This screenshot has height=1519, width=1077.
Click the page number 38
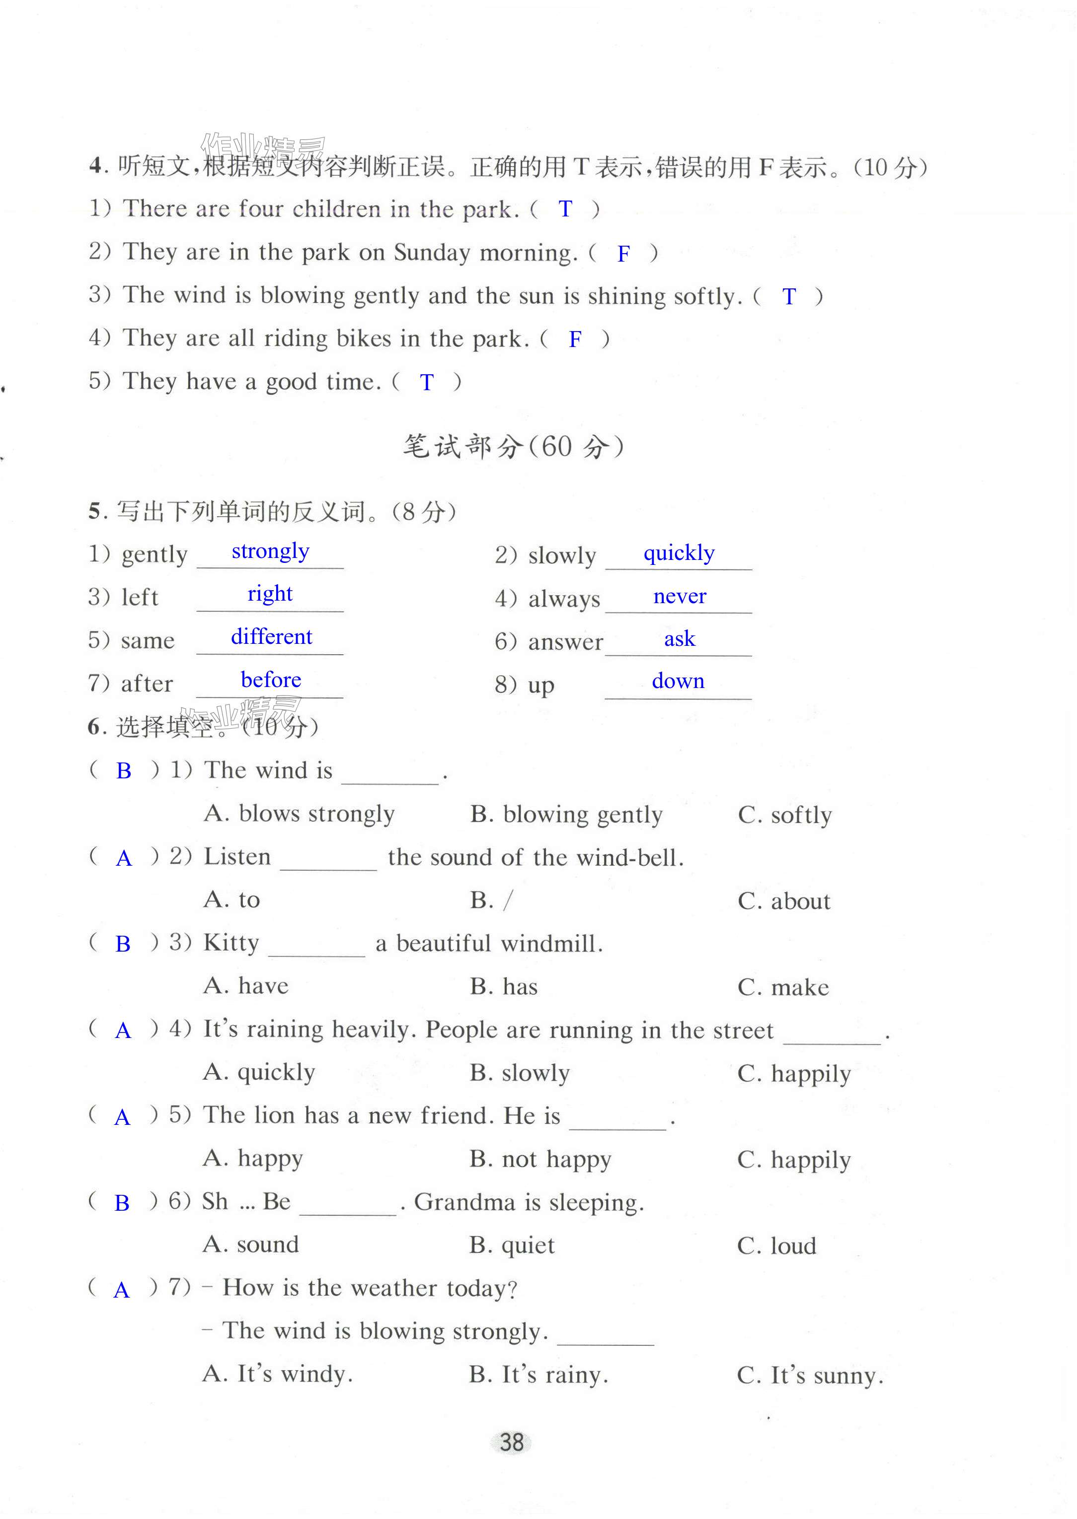(511, 1442)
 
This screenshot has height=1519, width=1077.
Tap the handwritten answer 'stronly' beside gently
(270, 552)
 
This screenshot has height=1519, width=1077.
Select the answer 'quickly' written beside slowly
(679, 552)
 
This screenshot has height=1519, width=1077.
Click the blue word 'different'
(271, 637)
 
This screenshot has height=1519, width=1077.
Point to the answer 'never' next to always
(680, 597)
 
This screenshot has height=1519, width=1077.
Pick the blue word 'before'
(271, 680)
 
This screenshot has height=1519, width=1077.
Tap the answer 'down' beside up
(678, 681)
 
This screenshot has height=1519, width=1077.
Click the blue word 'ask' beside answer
(680, 639)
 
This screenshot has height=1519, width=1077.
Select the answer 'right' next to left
(270, 594)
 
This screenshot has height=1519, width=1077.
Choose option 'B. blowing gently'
(566, 815)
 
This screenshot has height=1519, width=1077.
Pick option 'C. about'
(784, 901)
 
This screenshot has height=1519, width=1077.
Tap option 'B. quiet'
(512, 1245)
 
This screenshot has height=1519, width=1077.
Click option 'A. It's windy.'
(278, 1374)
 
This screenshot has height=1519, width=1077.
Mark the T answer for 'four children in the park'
(565, 209)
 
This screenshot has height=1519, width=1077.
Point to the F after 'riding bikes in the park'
(575, 340)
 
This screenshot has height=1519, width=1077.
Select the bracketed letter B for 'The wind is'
(123, 771)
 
